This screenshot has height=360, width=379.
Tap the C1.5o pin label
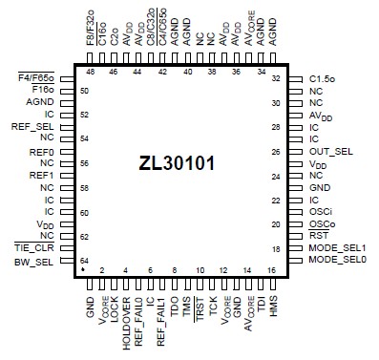click(325, 78)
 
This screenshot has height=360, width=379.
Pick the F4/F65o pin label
click(36, 77)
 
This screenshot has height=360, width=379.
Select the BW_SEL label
click(35, 261)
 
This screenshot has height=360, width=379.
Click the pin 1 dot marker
click(83, 271)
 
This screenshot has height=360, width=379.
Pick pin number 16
click(272, 271)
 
